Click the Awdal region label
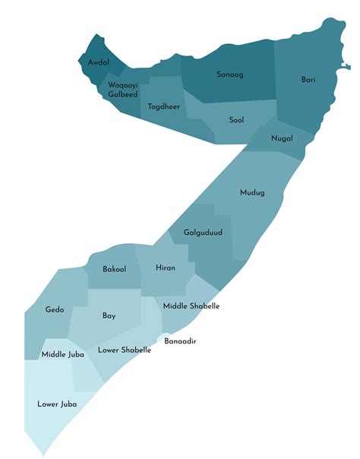(99, 62)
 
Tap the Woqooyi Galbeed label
(122, 90)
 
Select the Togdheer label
(164, 106)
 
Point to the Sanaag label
(229, 74)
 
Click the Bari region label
(308, 79)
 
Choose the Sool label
(236, 120)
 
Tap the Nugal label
(282, 138)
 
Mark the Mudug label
(252, 192)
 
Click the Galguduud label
(203, 233)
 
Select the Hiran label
(166, 268)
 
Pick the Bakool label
(114, 269)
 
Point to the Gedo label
(55, 310)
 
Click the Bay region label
(109, 315)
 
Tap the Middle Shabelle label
(191, 305)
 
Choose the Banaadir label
(181, 341)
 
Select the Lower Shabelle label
(124, 350)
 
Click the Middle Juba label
(62, 354)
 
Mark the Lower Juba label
(57, 404)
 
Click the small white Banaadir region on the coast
(162, 335)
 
